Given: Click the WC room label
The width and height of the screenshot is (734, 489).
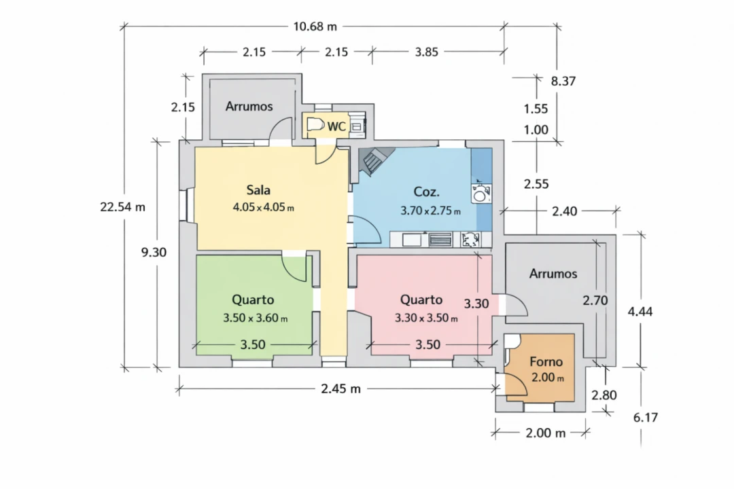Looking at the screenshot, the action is coord(336,126).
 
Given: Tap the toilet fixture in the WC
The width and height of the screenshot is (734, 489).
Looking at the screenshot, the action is coord(316,125).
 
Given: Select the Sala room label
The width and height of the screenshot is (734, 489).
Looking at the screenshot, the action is coord(258,190).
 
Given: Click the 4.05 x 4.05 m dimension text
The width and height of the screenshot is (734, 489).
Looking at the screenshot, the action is coord(264,207).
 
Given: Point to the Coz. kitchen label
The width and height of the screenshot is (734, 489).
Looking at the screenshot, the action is coord(426,192).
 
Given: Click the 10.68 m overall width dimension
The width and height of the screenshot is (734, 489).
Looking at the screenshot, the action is coord(315,26).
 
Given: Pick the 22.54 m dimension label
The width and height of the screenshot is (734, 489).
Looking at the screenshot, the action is coord(122,207).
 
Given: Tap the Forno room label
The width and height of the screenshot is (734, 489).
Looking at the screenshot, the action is coord(546,362).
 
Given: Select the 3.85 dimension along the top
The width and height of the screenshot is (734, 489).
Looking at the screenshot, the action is coord(426,52).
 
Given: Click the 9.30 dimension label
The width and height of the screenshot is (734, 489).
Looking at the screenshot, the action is coord(154,253).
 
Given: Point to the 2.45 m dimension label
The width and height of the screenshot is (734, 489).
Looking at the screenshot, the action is coord(340,389).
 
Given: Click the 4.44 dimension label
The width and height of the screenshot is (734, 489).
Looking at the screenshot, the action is coord(640,312).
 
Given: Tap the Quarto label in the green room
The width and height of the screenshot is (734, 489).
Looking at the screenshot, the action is coord(253,300).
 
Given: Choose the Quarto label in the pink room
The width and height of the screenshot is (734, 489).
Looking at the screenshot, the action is coord(421,300).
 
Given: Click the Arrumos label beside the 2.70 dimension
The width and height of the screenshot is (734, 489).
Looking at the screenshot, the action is coord(553,274).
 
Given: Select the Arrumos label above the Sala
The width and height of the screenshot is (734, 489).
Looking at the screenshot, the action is coord(249,106).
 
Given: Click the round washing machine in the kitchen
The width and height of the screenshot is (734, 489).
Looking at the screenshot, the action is coord(480,194).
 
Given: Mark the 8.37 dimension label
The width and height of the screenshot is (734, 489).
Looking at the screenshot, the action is coord(563,81).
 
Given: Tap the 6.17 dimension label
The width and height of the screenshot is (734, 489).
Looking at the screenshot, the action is coord(646,418).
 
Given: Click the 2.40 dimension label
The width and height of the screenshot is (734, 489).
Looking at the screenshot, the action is coord(565,211).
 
